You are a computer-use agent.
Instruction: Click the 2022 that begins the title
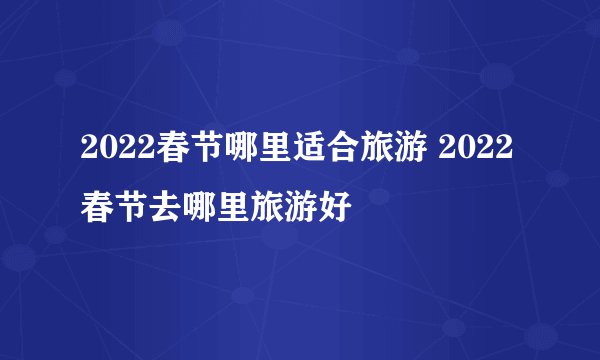point(113,159)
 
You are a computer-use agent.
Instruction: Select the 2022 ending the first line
point(479,159)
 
